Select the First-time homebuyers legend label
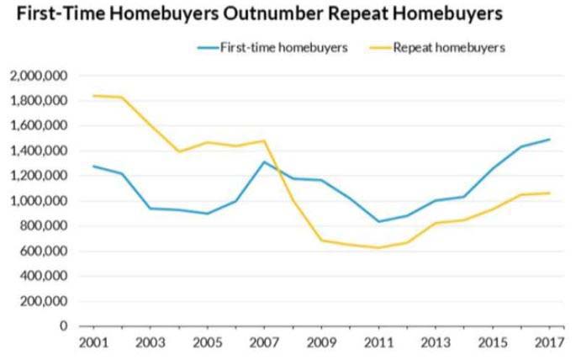(283, 48)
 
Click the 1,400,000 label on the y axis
(39, 151)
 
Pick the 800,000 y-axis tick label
(43, 226)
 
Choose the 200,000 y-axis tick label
(43, 301)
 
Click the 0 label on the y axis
(65, 326)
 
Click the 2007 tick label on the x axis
(263, 344)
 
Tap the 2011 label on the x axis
(378, 344)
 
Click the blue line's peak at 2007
(264, 162)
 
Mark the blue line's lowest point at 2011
(379, 222)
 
